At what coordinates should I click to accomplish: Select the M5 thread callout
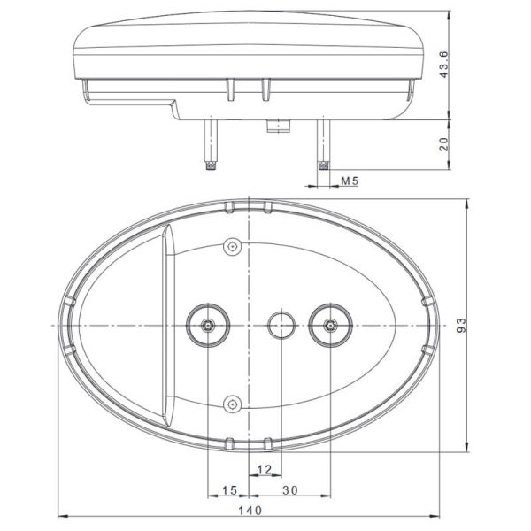(x=350, y=181)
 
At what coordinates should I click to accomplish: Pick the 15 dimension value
(x=229, y=489)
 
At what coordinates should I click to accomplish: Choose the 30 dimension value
(x=289, y=489)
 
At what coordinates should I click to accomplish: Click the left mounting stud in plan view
(x=208, y=326)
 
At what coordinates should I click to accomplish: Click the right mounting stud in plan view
(x=330, y=326)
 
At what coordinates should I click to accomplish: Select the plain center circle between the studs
(x=282, y=325)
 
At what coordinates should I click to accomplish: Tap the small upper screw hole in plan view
(x=233, y=246)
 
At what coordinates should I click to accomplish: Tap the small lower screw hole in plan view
(x=233, y=404)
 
